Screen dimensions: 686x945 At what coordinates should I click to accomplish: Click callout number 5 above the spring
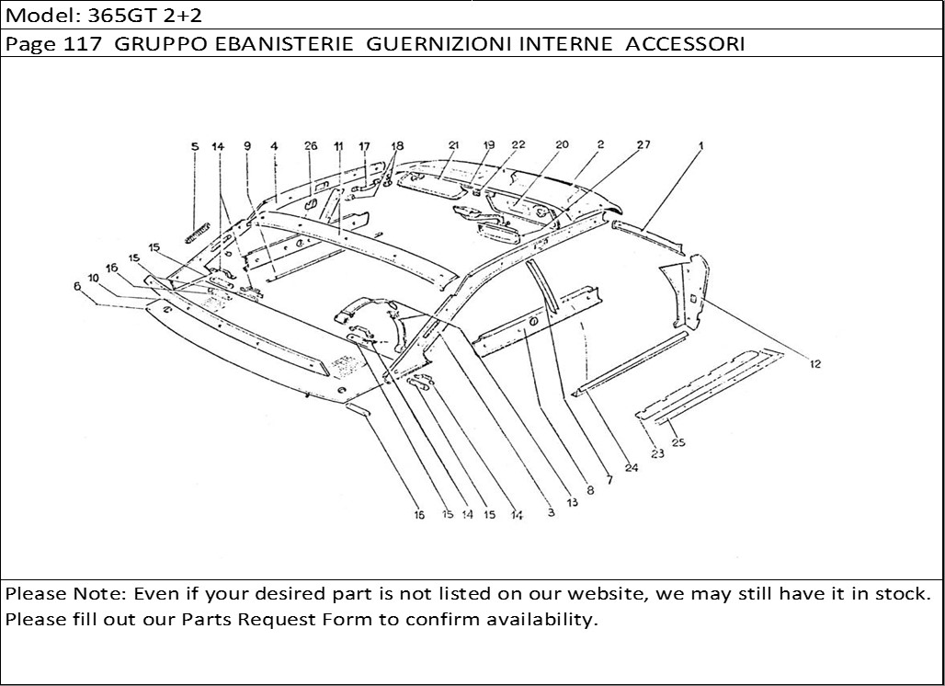[x=195, y=146]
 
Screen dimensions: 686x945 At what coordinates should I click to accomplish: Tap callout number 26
[x=311, y=146]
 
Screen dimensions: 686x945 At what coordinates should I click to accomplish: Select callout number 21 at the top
[x=453, y=145]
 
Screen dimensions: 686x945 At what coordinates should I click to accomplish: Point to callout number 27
[x=643, y=145]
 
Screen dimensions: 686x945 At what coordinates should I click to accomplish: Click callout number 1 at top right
[x=700, y=145]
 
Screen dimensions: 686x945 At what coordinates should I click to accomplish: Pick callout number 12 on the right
[x=815, y=364]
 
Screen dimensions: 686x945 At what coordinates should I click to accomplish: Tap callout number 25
[x=678, y=442]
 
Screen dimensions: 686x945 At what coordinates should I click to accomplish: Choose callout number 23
[x=658, y=452]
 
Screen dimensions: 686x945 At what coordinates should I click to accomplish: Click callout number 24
[x=632, y=467]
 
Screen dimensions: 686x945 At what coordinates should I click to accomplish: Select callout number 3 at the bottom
[x=551, y=513]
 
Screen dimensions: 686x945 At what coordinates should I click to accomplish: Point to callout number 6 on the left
[x=76, y=287]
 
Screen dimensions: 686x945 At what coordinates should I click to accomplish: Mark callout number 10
[x=94, y=277]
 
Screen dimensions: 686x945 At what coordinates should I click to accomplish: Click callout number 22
[x=518, y=145]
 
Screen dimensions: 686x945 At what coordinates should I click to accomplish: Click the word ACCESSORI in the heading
[x=685, y=44]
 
